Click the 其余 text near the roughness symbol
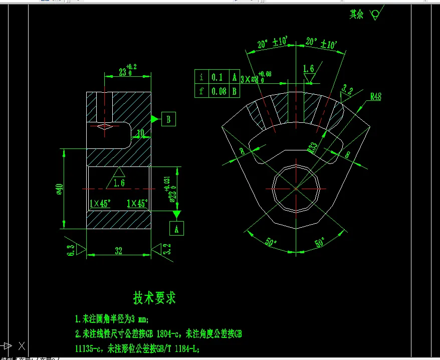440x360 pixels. coord(356,15)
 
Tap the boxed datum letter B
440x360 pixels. coord(169,119)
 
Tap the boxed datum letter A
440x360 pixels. coord(176,229)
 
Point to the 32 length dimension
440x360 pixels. coord(119,251)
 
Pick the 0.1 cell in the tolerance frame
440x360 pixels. coord(217,77)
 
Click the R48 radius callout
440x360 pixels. coord(375,97)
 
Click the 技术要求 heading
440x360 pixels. coord(154,298)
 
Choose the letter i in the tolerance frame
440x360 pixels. coord(201,77)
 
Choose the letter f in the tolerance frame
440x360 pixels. coord(201,91)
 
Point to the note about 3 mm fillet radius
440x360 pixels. coord(112,319)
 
